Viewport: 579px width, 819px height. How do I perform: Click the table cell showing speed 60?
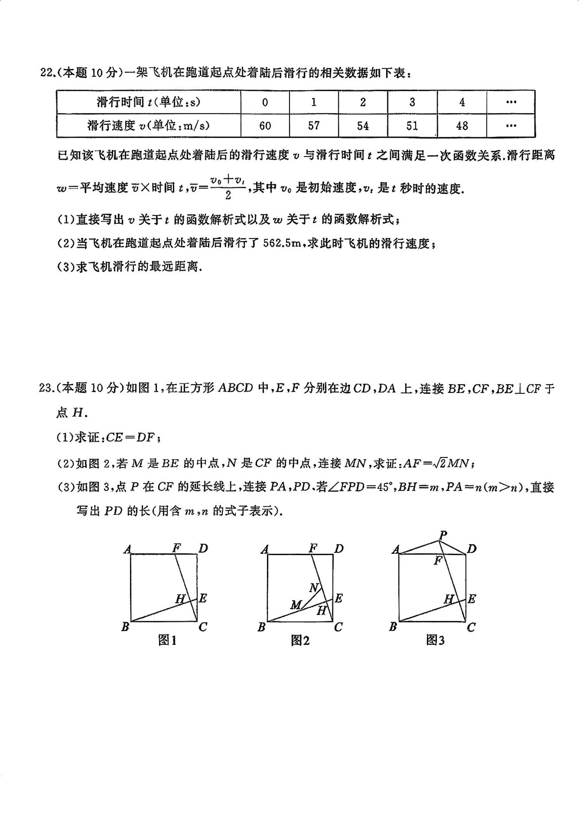click(265, 126)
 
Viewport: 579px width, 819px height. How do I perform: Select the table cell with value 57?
click(314, 126)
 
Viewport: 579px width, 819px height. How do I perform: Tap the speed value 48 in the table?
click(462, 126)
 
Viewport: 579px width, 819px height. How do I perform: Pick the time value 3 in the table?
click(412, 102)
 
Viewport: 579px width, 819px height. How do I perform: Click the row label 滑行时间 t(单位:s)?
click(149, 102)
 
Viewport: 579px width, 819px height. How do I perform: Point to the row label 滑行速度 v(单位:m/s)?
click(149, 126)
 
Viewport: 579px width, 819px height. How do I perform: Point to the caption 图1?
click(167, 640)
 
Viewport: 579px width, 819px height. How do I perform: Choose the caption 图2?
click(300, 640)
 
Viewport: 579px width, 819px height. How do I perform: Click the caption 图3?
click(435, 640)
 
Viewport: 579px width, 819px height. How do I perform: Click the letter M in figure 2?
click(296, 605)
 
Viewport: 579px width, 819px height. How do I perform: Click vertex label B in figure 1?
click(125, 627)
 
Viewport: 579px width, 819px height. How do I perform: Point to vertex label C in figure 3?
click(471, 627)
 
